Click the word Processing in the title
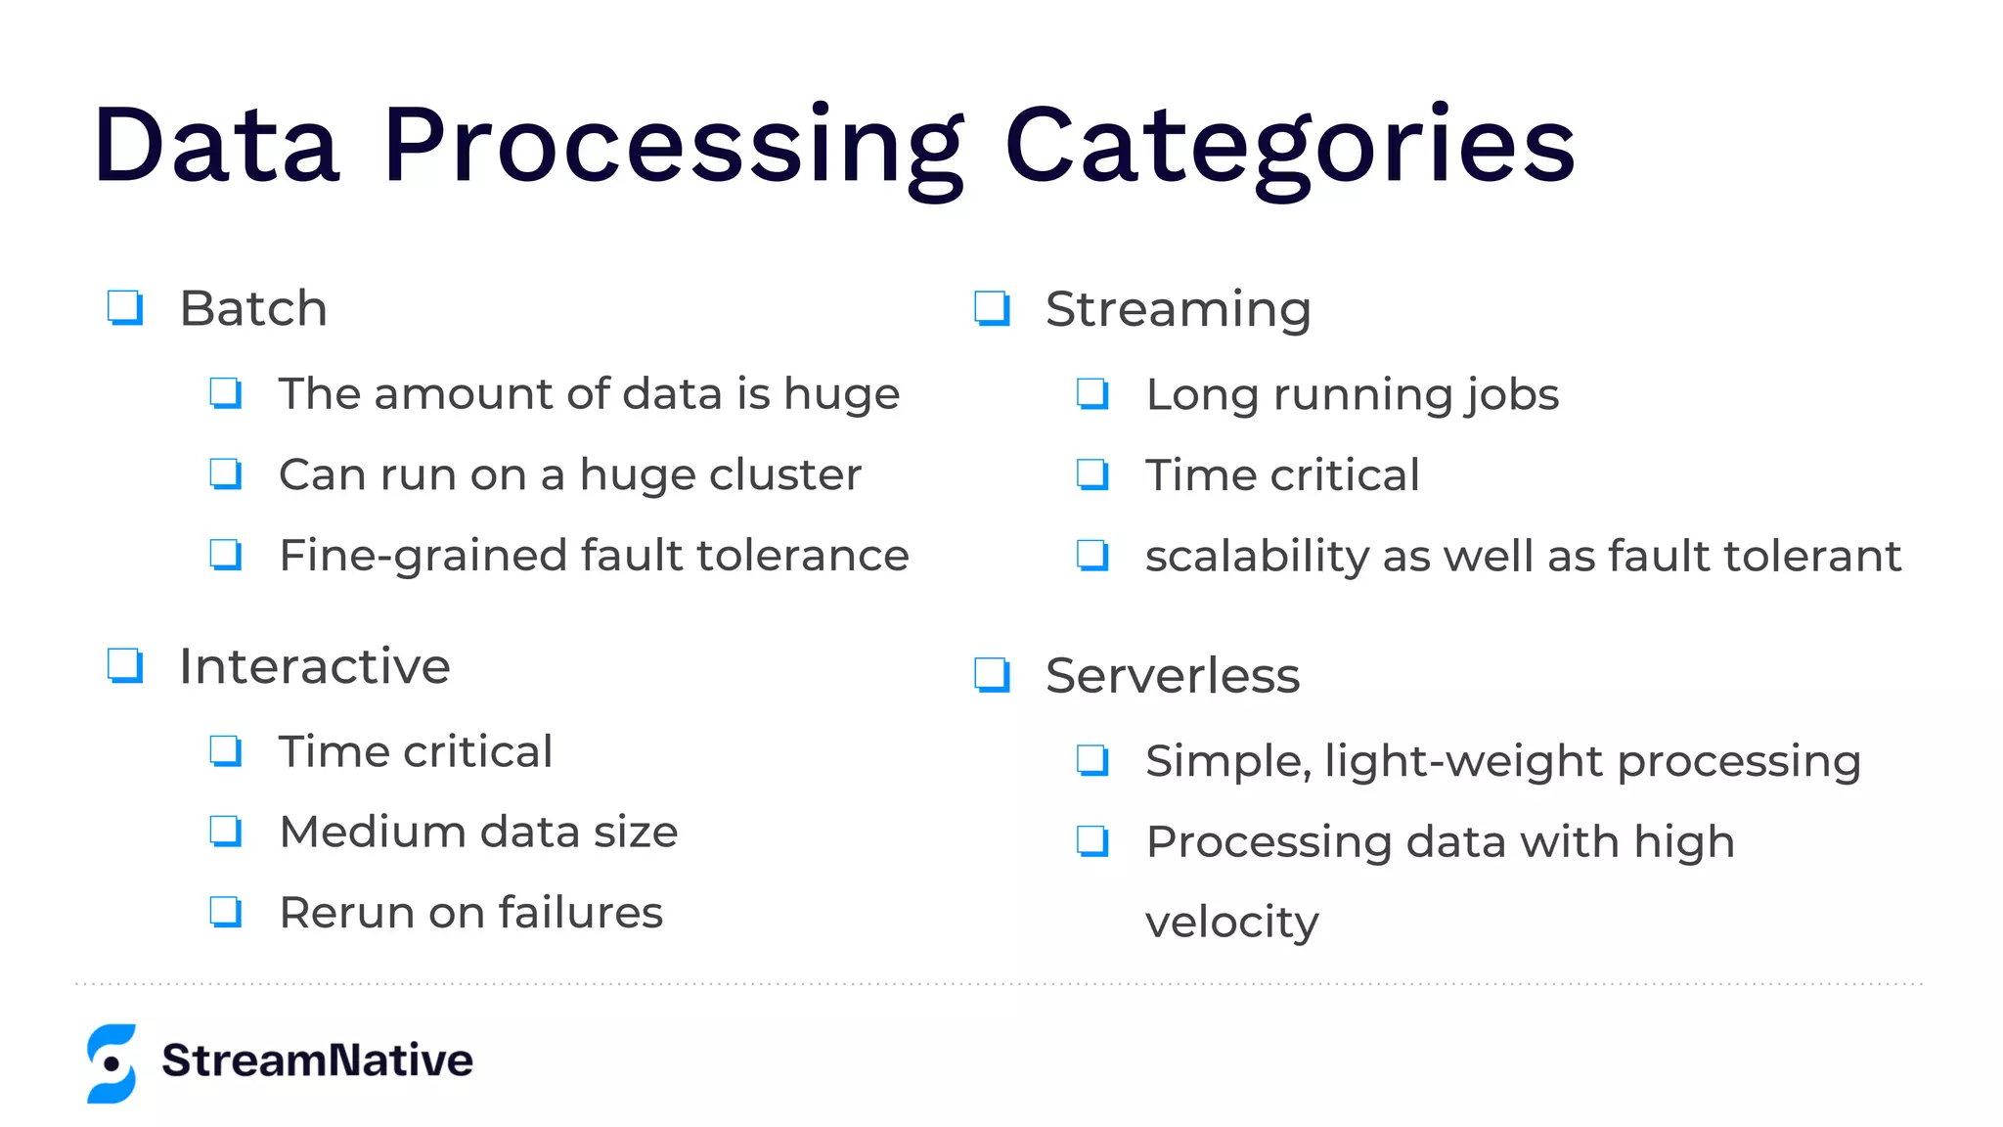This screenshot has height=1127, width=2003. click(673, 147)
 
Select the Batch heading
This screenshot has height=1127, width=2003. click(253, 309)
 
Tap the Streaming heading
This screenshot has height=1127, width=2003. click(1178, 309)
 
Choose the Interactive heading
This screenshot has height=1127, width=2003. click(314, 667)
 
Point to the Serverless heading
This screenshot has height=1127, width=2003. click(1172, 676)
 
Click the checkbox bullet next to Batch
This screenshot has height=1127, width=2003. click(125, 308)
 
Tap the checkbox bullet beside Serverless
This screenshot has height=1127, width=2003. click(992, 675)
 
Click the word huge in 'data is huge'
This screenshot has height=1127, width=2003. click(841, 395)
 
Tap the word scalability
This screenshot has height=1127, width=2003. click(1257, 557)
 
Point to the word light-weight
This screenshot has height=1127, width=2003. click(1463, 762)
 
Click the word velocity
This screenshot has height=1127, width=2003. click(1231, 923)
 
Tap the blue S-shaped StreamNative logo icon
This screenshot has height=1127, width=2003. click(111, 1063)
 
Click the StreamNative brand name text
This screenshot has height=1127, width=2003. click(317, 1060)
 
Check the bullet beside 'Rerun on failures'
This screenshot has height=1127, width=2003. click(226, 912)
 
